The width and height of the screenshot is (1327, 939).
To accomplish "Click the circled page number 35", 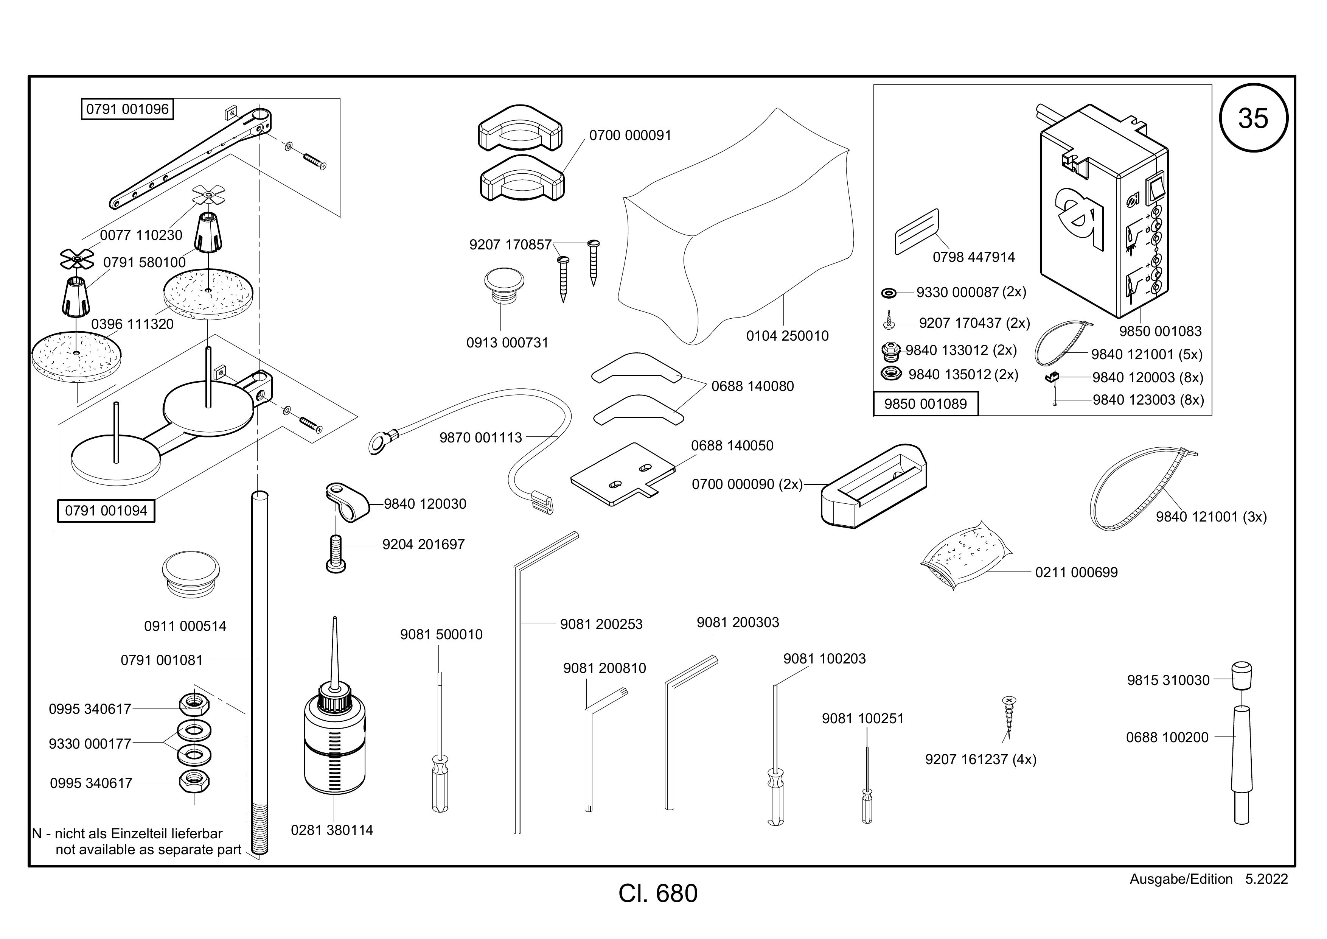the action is point(1253,118).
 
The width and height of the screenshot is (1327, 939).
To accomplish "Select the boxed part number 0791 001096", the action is point(127,109).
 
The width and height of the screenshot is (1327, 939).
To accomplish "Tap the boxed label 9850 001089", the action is point(925,403).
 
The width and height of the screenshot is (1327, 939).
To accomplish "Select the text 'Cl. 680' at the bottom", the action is point(658,893).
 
